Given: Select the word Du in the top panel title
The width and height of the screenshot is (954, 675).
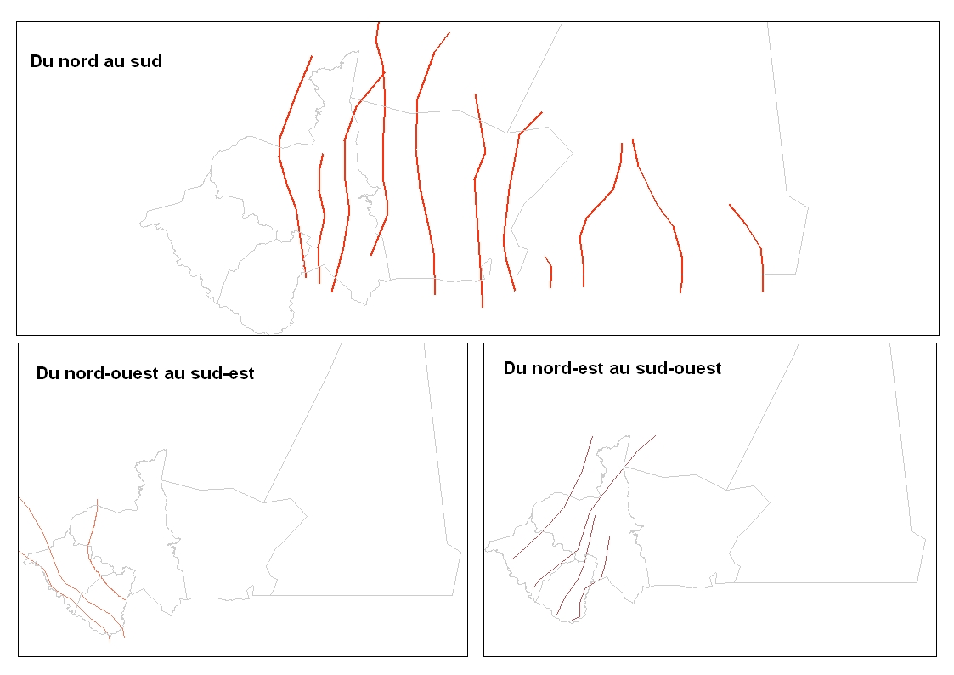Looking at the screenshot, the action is point(42,61).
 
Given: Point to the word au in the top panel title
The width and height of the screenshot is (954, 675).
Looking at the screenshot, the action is point(116,61).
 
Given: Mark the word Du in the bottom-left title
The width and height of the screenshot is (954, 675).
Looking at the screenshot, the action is point(48,373).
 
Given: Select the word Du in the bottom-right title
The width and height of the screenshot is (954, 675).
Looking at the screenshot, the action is point(515,368).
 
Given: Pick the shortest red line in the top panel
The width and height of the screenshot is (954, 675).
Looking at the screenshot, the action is point(550,271).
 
